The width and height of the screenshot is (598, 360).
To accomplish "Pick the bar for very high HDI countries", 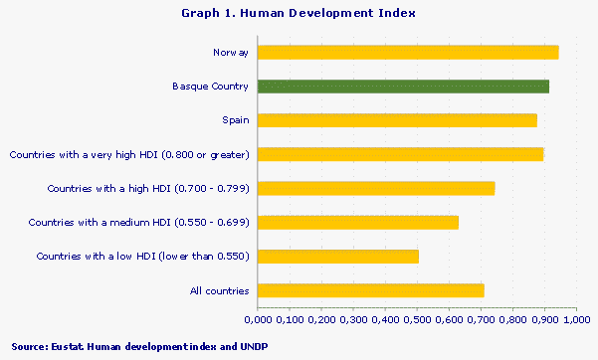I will point(400,154).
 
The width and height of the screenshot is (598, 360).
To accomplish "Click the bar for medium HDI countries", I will point(358,222).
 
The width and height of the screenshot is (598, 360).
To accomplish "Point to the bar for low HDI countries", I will point(338,257).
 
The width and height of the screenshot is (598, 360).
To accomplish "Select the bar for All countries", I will point(370,290).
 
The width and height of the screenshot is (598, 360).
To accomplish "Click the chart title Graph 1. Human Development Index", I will point(299,13).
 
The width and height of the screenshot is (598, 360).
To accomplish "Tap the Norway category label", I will point(231,52).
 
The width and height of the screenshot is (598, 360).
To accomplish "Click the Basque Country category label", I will point(211,87).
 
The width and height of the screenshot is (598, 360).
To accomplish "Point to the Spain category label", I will point(236,120).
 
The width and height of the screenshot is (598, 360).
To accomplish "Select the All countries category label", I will point(219,290).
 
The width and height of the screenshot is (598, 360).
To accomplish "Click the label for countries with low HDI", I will point(142,257).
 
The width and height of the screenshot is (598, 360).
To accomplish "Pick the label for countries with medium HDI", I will point(138,222).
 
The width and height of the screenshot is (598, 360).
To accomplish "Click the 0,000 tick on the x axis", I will point(258,318).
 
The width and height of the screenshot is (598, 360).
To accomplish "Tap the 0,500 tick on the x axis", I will point(417,318).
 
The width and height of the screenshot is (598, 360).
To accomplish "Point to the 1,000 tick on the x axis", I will point(577,318).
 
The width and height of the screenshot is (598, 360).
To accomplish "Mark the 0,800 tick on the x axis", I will point(513,318).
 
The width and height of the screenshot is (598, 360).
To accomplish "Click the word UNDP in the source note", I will point(253,345).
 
